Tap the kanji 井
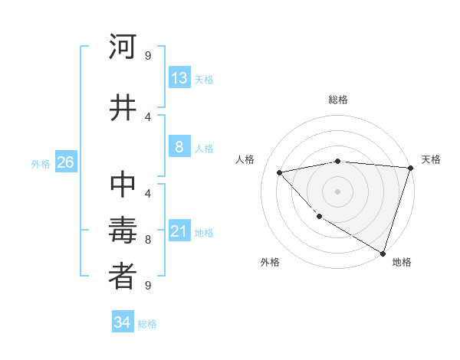tap(123, 107)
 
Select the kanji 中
tap(123, 186)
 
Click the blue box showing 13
tap(179, 78)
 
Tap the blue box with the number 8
tap(179, 148)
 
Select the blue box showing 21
tap(179, 231)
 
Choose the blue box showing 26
tap(65, 162)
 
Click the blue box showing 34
tap(123, 322)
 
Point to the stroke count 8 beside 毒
tap(148, 240)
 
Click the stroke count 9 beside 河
tap(148, 55)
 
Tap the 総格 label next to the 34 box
tap(147, 324)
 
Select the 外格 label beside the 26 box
tap(41, 163)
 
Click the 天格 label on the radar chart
tap(431, 159)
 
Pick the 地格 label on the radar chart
tap(402, 262)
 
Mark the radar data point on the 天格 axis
tap(410, 168)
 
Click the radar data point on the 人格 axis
tap(280, 172)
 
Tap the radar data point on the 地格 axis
tap(383, 253)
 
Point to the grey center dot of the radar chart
tap(337, 191)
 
